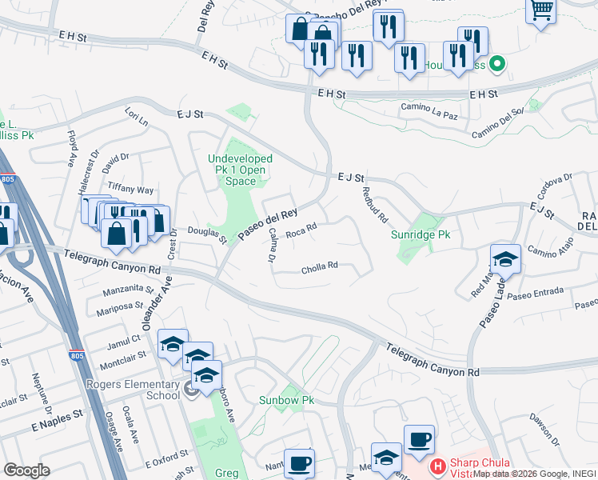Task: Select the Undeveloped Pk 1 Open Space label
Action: (x=241, y=170)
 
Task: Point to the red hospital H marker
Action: (x=437, y=465)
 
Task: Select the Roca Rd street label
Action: (x=301, y=230)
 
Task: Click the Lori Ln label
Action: (x=136, y=121)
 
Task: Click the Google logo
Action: (x=26, y=470)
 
